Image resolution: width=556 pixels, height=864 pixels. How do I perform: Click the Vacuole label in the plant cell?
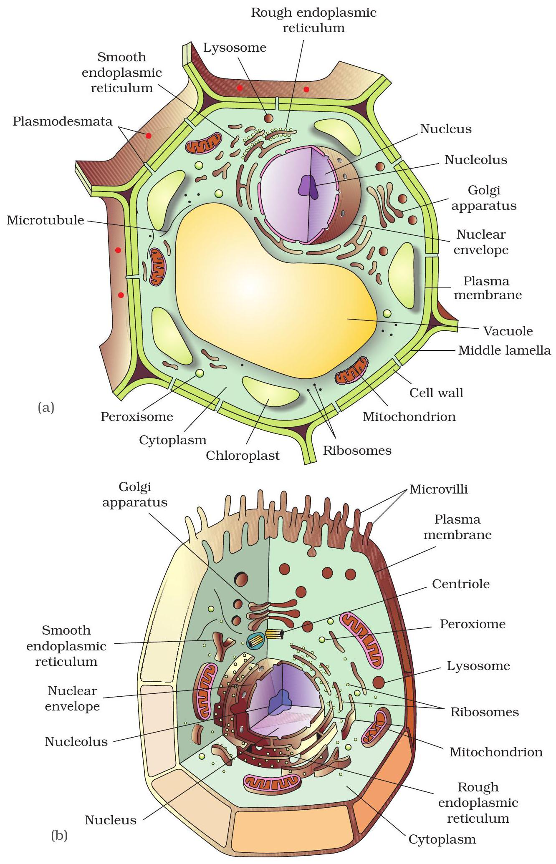pyautogui.click(x=508, y=331)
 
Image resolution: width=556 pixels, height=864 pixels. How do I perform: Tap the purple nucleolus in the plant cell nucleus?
pyautogui.click(x=308, y=185)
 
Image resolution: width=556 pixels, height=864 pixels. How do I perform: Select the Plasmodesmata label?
pyautogui.click(x=63, y=121)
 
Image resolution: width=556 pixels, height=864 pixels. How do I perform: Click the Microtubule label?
pyautogui.click(x=45, y=220)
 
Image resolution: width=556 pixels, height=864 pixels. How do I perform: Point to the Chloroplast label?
pyautogui.click(x=243, y=455)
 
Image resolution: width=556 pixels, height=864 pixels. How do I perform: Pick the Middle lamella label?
pyautogui.click(x=504, y=350)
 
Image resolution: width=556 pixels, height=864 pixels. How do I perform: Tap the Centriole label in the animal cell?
pyautogui.click(x=460, y=584)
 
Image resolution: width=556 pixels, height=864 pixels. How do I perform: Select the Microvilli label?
pyautogui.click(x=438, y=489)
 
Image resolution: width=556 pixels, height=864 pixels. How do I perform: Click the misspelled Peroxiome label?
pyautogui.click(x=473, y=624)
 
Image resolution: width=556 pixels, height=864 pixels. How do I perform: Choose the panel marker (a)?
pyautogui.click(x=46, y=407)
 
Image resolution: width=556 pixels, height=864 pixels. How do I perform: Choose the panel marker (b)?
pyautogui.click(x=59, y=836)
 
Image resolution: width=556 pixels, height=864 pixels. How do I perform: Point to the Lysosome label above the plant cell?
pyautogui.click(x=235, y=48)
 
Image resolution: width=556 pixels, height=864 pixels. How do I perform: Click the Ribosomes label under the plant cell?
pyautogui.click(x=357, y=451)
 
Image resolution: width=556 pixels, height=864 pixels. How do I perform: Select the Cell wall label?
pyautogui.click(x=436, y=393)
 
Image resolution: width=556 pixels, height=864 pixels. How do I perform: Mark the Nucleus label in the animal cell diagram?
pyautogui.click(x=111, y=820)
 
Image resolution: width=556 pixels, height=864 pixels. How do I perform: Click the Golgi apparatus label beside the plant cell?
pyautogui.click(x=484, y=198)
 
